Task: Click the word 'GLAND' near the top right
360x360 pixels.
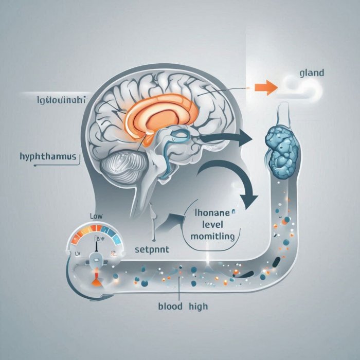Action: pos(311,73)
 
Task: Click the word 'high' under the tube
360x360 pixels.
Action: pos(197,307)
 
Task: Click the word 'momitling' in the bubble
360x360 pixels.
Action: pos(212,237)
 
